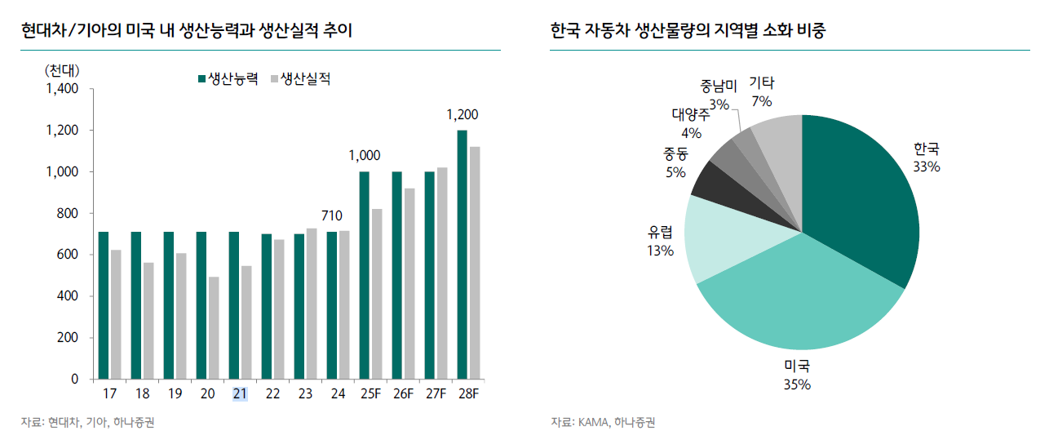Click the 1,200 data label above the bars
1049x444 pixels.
[x=463, y=115]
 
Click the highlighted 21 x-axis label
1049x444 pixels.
[x=240, y=393]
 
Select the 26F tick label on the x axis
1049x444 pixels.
[x=403, y=393]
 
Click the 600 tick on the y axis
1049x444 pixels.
[x=69, y=255]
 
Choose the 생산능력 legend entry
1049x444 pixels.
[x=228, y=79]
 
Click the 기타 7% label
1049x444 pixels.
[x=762, y=91]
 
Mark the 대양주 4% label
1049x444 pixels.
[x=691, y=122]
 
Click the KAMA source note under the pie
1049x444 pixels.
[x=603, y=422]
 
